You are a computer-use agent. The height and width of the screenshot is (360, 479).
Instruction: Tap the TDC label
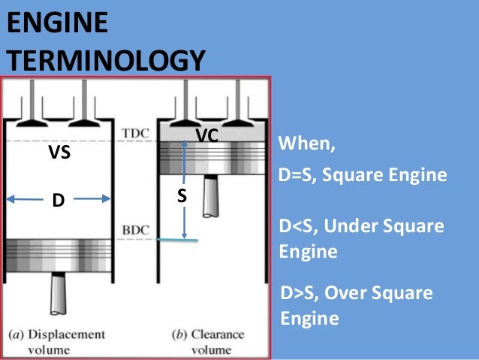click(x=135, y=134)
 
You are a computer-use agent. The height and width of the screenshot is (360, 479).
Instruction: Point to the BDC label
click(x=135, y=228)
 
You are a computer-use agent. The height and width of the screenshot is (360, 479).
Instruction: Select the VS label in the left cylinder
click(x=59, y=154)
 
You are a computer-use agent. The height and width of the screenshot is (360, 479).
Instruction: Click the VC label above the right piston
click(x=206, y=135)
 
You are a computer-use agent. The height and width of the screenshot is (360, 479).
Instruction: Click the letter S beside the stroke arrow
click(x=182, y=196)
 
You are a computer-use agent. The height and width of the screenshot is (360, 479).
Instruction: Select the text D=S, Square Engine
click(x=362, y=176)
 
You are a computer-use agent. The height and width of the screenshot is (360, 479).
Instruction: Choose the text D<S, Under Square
click(x=361, y=226)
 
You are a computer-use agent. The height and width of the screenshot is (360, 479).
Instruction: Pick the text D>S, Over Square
click(x=355, y=292)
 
